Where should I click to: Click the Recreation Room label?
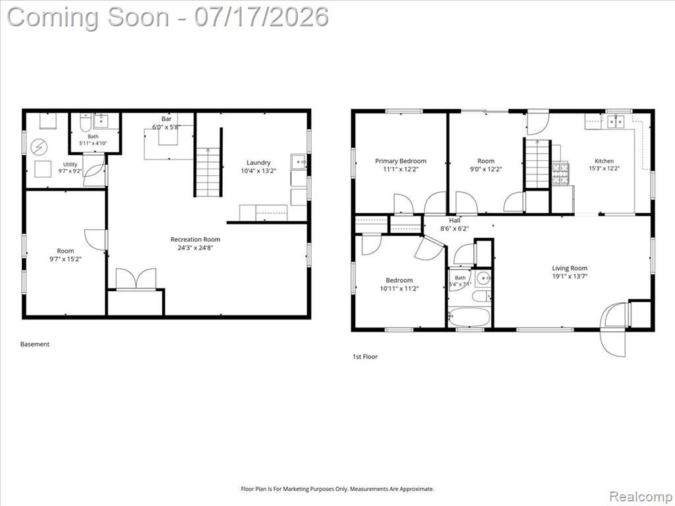(195, 239)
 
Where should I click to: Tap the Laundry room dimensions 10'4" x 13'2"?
(258, 171)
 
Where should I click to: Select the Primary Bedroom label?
(401, 161)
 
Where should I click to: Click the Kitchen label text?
(604, 161)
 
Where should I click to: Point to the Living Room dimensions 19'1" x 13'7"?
(570, 276)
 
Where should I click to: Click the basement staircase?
(208, 172)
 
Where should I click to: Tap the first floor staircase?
(538, 163)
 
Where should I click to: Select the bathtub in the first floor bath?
(469, 317)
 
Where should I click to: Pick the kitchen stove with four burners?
(560, 174)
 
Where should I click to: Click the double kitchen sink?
(616, 122)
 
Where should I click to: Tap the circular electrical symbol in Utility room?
(39, 148)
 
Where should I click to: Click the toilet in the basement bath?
(85, 123)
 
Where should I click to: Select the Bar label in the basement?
(167, 119)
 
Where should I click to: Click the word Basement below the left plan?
(35, 344)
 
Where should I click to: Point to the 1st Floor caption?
(365, 356)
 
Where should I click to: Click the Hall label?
(455, 221)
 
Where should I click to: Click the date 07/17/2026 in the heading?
(261, 17)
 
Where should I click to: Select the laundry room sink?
(299, 162)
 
